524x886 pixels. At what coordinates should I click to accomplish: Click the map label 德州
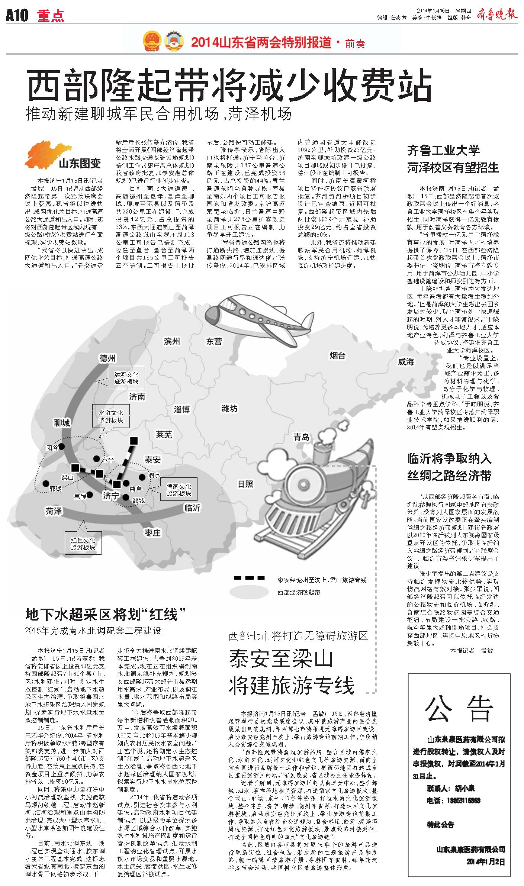(107, 358)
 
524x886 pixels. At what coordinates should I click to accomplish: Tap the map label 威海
(406, 362)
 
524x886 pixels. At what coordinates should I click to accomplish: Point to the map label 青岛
(301, 437)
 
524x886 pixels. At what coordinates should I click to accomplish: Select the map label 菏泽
(54, 511)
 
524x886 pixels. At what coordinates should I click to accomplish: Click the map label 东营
(214, 341)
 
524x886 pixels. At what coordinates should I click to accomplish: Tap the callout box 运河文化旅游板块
(126, 378)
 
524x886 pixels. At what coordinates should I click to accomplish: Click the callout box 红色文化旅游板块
(83, 543)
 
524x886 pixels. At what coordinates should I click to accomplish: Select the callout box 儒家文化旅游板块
(179, 490)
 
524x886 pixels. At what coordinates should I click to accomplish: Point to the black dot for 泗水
(142, 477)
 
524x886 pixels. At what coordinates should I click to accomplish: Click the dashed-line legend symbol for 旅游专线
(249, 578)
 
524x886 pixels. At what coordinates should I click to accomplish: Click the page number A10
(17, 16)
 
